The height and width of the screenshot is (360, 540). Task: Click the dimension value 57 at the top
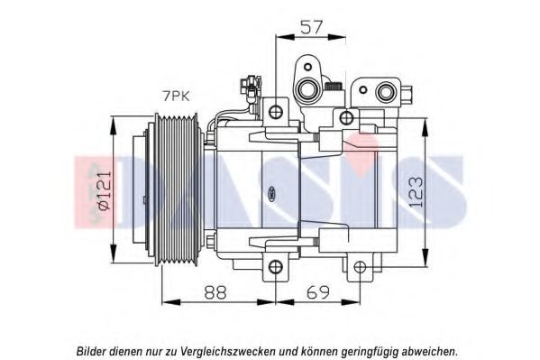(x=312, y=27)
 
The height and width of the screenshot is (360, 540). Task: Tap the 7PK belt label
(x=176, y=97)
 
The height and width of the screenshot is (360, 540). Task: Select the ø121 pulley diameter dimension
(x=105, y=190)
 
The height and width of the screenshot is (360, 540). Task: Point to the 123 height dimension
(x=416, y=192)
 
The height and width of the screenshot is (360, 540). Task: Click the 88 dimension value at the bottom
(x=215, y=292)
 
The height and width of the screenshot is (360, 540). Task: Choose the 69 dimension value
(x=318, y=292)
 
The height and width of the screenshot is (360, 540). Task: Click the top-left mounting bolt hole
(x=276, y=111)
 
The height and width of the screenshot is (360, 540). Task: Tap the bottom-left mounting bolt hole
(x=276, y=266)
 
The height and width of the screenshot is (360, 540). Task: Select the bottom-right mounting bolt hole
(x=360, y=266)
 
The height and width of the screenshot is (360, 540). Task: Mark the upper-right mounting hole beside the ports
(x=347, y=118)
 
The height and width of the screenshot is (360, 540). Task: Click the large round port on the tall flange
(x=307, y=89)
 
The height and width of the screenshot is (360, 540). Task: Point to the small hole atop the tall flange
(x=307, y=67)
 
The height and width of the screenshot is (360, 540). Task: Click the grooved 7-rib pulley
(x=177, y=190)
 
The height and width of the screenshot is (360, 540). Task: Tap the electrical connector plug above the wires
(x=251, y=87)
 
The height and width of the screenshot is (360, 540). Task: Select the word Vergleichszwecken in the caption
(x=227, y=352)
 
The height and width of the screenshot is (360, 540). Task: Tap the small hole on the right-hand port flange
(x=363, y=90)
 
